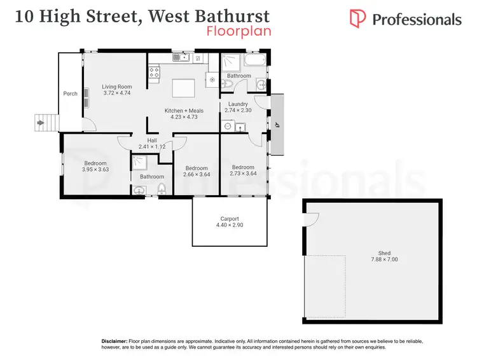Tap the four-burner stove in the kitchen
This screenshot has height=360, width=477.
154,72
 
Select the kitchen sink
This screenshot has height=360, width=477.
183,59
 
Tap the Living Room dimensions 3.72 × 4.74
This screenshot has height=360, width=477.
116,93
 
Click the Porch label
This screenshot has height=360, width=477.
70,93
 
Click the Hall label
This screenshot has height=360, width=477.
152,140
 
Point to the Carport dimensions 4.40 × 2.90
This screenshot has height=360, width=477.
229,226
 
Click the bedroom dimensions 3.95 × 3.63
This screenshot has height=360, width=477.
95,169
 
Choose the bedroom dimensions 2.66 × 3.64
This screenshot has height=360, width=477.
197,175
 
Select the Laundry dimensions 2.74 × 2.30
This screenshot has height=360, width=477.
238,111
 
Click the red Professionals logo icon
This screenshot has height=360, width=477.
359,19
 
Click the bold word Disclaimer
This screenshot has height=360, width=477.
114,342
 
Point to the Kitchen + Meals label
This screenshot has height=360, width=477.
184,111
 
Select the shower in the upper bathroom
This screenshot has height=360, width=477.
230,62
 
